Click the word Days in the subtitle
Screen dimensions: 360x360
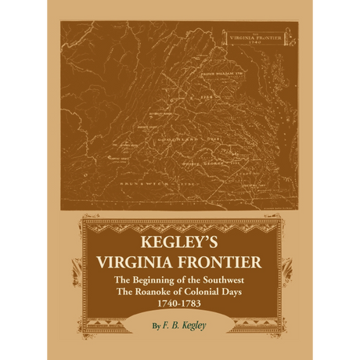(x=243, y=290)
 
